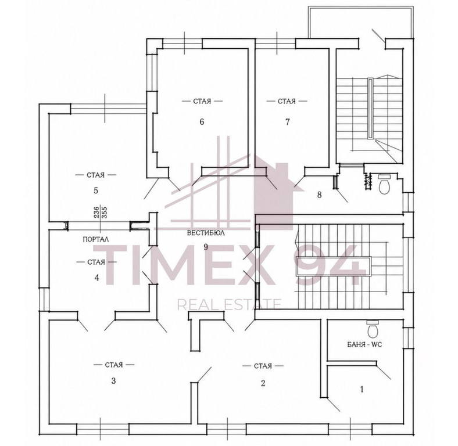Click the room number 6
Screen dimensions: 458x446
pyautogui.click(x=202, y=121)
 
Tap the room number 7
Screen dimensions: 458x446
pyautogui.click(x=288, y=122)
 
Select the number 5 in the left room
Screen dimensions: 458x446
pyautogui.click(x=96, y=190)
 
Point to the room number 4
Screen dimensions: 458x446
pyautogui.click(x=96, y=277)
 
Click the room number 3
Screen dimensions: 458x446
pyautogui.click(x=113, y=380)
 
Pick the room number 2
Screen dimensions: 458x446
pyautogui.click(x=263, y=383)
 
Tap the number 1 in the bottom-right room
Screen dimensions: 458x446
pyautogui.click(x=362, y=389)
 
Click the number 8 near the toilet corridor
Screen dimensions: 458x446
pyautogui.click(x=319, y=195)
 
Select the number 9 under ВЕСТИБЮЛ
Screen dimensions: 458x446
pyautogui.click(x=206, y=247)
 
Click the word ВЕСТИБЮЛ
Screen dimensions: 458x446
pyautogui.click(x=206, y=233)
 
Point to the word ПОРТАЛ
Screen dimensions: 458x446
pyautogui.click(x=96, y=239)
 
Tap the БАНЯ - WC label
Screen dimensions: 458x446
pyautogui.click(x=364, y=344)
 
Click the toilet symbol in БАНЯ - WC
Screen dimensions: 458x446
pyautogui.click(x=373, y=329)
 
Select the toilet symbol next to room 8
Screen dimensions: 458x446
pyautogui.click(x=384, y=184)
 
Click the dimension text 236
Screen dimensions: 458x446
pyautogui.click(x=96, y=213)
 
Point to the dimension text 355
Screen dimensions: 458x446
pyautogui.click(x=105, y=213)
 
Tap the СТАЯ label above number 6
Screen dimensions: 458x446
pyautogui.click(x=202, y=101)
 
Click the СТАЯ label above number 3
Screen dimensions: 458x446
pyautogui.click(x=113, y=365)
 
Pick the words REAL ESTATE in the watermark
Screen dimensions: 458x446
pyautogui.click(x=230, y=305)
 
